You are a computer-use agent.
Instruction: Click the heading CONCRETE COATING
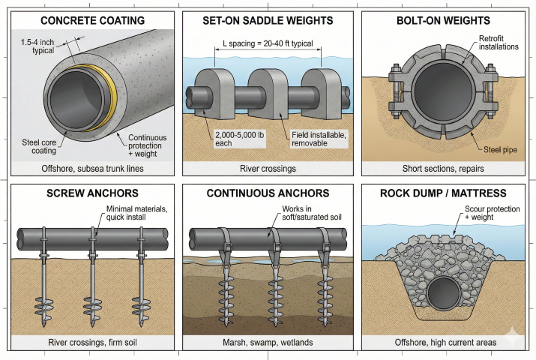[91, 20]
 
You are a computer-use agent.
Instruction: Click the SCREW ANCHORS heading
[91, 193]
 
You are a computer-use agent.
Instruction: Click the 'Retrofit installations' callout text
[487, 48]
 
